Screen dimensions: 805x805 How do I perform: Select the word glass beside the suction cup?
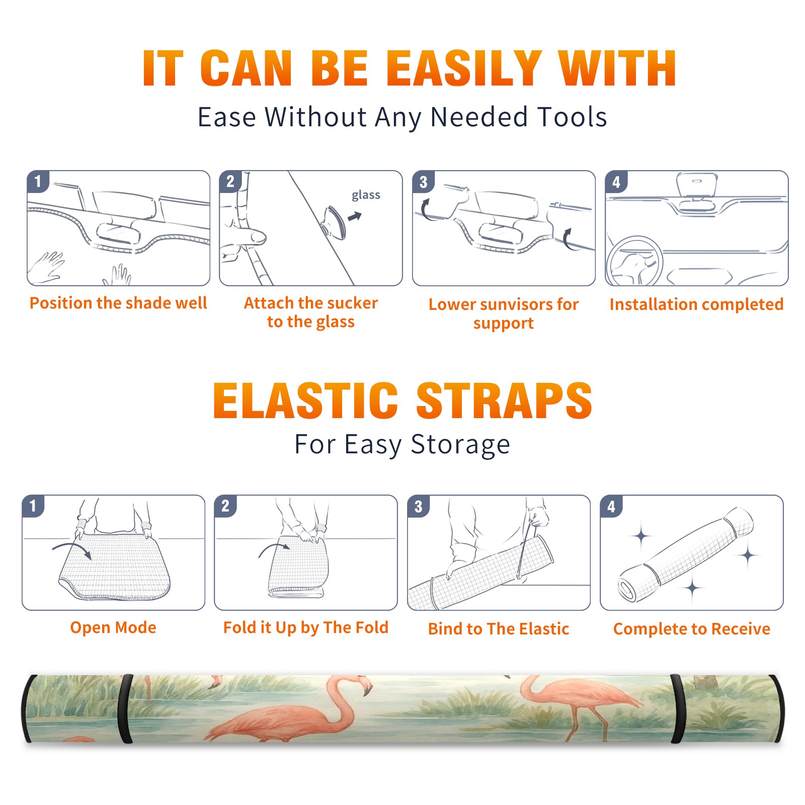[x=366, y=195]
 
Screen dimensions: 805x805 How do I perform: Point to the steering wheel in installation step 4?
[x=634, y=262]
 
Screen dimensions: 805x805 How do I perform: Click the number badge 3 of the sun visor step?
[x=423, y=182]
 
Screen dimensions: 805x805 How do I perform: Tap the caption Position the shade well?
[x=118, y=303]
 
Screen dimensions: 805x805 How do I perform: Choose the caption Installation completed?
[x=696, y=304]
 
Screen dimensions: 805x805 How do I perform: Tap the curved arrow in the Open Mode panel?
[x=72, y=549]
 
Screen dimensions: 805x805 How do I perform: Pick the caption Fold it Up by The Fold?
[x=306, y=627]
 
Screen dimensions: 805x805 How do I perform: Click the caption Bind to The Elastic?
[x=499, y=628]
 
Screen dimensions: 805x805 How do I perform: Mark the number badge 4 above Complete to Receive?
[x=611, y=506]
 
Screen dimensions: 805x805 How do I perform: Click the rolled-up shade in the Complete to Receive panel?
[x=686, y=554]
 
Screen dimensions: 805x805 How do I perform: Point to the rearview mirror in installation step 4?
[x=696, y=186]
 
